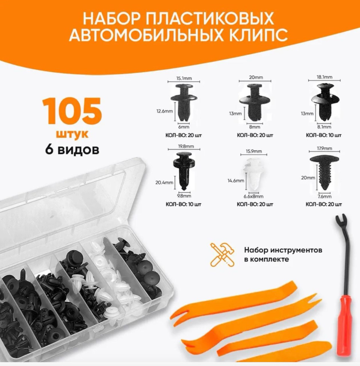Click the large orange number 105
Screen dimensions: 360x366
[x=72, y=111]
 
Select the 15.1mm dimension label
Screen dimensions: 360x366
[x=184, y=78]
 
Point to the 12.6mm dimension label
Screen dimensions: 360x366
[x=165, y=111]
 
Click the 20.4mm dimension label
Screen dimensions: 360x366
[x=164, y=182]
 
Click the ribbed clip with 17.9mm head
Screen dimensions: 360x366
[x=324, y=173]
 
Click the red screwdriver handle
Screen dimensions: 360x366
[x=343, y=325]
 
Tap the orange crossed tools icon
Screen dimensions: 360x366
[x=222, y=254]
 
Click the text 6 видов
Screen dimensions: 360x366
[x=72, y=149]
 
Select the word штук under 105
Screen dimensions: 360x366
[x=72, y=134]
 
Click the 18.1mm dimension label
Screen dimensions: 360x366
[x=324, y=77]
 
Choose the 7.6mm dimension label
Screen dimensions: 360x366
[x=324, y=196]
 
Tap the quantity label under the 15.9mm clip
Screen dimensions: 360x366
[x=255, y=204]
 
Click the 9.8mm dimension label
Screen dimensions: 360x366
[x=184, y=196]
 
